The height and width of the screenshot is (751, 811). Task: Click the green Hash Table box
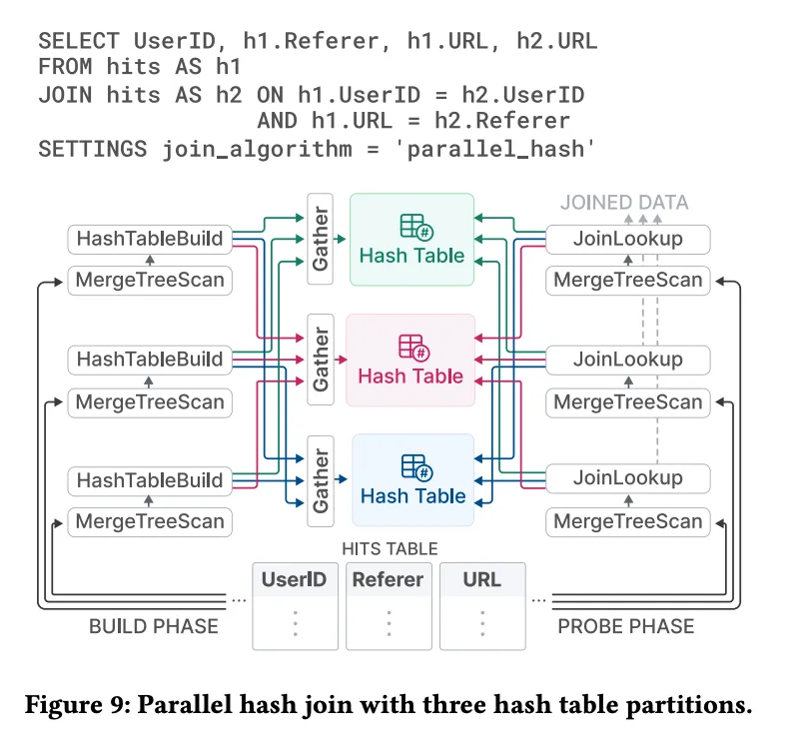[412, 240]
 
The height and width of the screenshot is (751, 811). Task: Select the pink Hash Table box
[410, 361]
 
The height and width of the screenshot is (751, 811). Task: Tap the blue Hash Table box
[412, 480]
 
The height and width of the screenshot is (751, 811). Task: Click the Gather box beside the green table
[321, 240]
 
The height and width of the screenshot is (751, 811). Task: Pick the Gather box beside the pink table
[321, 361]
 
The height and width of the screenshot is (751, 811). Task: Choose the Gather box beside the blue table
[321, 480]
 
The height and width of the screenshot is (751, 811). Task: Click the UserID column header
[294, 579]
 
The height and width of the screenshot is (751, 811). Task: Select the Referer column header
[388, 579]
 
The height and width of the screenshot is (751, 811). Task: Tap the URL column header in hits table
[482, 579]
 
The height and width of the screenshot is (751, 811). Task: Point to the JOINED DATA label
[624, 203]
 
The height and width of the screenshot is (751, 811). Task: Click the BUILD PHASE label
[154, 626]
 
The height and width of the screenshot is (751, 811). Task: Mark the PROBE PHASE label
[625, 626]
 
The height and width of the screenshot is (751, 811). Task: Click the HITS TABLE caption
[390, 549]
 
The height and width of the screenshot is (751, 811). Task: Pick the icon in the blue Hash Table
[413, 466]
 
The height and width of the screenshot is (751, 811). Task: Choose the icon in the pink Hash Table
[411, 347]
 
